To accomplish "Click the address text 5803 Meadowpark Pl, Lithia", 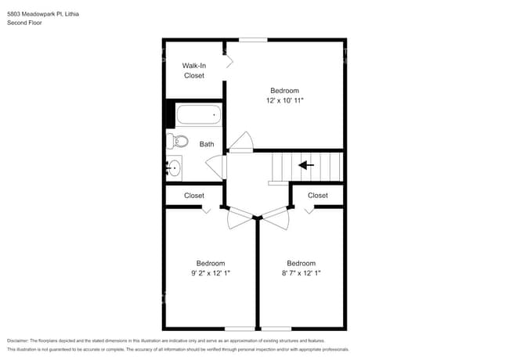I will [42, 14].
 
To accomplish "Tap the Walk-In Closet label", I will [193, 70].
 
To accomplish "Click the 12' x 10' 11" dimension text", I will [284, 101].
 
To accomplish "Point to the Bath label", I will [207, 144].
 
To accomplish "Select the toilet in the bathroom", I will [179, 142].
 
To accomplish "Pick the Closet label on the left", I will [194, 196].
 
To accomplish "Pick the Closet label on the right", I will [317, 196].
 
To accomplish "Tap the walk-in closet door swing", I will [229, 62].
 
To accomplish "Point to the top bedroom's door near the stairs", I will [240, 143].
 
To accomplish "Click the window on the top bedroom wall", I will [252, 40].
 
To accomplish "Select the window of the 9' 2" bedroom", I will [240, 328].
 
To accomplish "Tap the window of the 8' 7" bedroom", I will [276, 328].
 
